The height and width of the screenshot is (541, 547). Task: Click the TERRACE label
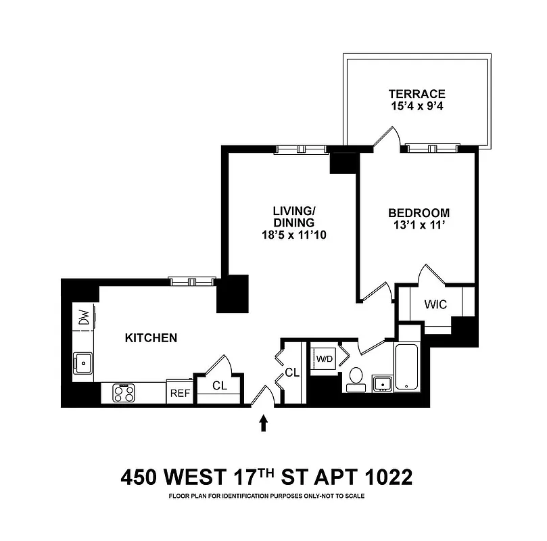417,94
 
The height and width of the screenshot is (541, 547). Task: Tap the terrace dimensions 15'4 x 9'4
417,107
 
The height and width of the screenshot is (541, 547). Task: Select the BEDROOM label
419,212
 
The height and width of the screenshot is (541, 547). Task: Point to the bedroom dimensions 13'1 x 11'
419,226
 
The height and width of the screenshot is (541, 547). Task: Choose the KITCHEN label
151,337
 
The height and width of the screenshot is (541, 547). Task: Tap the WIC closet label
435,304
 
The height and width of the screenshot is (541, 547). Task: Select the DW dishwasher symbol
85,317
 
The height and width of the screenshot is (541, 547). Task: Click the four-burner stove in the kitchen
124,393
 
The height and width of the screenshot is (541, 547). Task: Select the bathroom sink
383,383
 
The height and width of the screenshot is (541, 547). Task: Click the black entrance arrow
264,423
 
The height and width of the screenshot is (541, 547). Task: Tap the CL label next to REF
218,386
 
